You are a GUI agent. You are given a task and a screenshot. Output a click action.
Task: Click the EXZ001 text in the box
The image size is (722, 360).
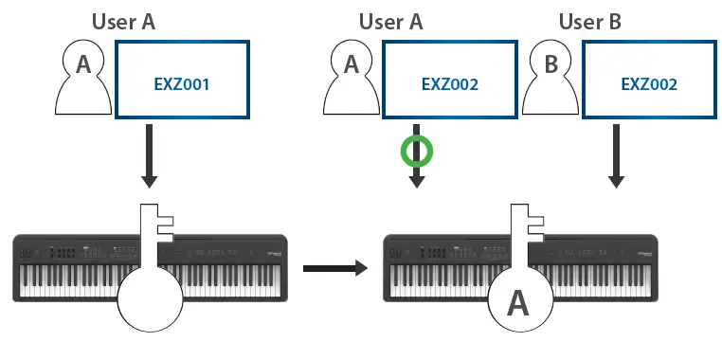(181, 83)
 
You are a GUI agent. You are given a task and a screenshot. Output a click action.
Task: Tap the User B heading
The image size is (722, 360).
(589, 21)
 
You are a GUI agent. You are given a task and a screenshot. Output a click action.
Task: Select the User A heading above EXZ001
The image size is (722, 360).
(136, 21)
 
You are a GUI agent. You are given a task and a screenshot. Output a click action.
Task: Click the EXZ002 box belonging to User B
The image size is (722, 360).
(649, 83)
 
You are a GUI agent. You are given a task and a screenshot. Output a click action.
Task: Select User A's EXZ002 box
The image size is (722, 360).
(450, 83)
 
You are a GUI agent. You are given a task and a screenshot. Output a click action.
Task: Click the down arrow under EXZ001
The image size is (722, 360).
(150, 155)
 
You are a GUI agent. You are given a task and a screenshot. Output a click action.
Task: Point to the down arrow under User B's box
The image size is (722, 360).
(616, 155)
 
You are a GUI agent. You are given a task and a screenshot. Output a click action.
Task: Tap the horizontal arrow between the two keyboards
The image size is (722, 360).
(334, 269)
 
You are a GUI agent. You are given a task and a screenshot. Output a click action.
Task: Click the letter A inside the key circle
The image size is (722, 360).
(518, 303)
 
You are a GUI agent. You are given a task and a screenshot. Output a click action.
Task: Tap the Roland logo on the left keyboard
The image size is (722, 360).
(274, 253)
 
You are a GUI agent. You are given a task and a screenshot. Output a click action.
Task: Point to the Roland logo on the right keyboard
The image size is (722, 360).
(643, 253)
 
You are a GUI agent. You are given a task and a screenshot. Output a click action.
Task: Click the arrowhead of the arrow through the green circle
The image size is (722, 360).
(416, 182)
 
